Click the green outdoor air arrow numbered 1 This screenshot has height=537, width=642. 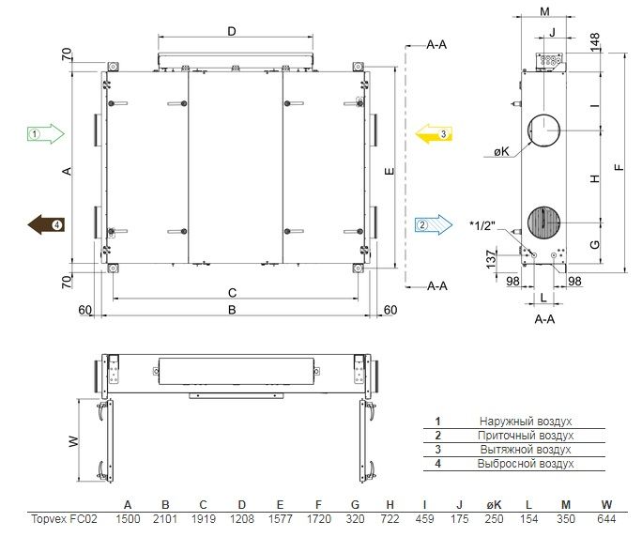tap(46, 133)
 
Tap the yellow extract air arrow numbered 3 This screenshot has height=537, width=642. tap(434, 134)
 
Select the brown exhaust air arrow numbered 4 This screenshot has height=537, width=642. tap(46, 224)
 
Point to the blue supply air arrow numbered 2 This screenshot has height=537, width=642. tap(434, 224)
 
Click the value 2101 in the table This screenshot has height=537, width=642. tap(165, 519)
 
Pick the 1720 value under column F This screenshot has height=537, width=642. tap(318, 519)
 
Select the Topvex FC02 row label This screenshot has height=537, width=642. tap(64, 519)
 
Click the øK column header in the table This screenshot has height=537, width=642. tap(494, 505)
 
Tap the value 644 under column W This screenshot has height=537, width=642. tap(606, 519)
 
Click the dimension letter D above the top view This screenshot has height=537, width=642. tap(232, 31)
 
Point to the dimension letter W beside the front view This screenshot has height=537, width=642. tap(74, 441)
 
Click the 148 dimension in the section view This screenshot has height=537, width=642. tap(595, 42)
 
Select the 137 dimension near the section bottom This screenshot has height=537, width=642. tap(491, 259)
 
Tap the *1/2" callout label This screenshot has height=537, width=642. tap(482, 225)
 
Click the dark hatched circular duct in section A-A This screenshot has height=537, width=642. tap(543, 222)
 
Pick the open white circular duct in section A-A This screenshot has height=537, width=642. tap(543, 130)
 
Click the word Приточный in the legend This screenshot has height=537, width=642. tap(505, 436)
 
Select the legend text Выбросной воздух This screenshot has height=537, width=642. tap(526, 464)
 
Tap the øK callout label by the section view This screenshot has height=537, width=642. tap(501, 152)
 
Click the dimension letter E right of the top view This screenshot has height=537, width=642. tap(390, 171)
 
